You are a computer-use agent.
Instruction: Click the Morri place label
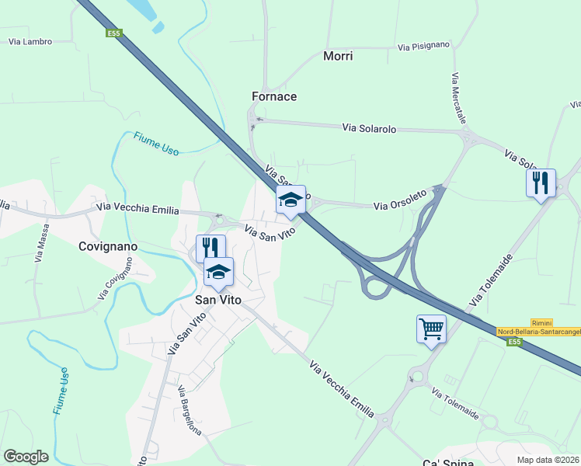tap(337, 56)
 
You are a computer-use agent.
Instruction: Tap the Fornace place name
tap(274, 96)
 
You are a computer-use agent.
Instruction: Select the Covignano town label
tap(108, 246)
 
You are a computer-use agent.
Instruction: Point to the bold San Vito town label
tap(218, 300)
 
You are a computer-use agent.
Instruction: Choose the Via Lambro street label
tap(30, 40)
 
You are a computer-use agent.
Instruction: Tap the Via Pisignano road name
tap(423, 47)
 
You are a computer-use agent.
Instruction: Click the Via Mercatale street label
tap(457, 101)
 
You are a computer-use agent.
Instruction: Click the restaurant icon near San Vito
tap(210, 249)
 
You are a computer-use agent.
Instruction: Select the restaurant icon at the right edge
tap(541, 183)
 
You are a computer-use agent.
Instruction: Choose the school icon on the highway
tap(290, 200)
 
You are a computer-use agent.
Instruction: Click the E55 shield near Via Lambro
tap(114, 33)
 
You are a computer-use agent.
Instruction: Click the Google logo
tap(26, 457)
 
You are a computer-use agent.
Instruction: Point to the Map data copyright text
tap(548, 460)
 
